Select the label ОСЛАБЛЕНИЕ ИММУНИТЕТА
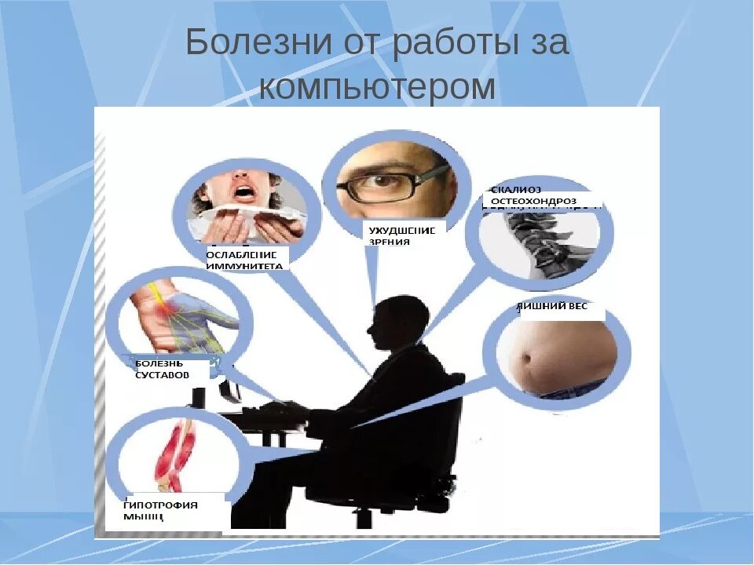245,260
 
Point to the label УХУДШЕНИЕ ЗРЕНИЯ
402,235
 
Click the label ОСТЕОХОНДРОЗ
533,202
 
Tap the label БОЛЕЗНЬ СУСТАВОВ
163,370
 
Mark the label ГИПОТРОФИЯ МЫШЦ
160,510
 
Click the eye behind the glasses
384,180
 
